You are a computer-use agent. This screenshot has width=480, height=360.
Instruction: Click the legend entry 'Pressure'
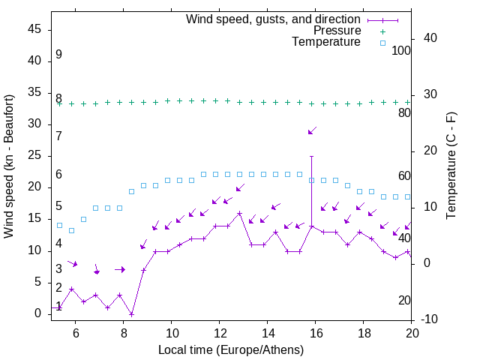pos(337,31)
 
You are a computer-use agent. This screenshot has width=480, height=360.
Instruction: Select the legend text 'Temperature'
pos(326,42)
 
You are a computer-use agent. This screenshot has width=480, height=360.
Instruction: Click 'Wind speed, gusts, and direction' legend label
pos(274,19)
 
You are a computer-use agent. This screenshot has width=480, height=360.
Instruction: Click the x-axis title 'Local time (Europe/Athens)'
pos(231,349)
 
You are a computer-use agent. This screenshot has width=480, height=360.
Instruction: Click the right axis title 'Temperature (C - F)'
pos(451,166)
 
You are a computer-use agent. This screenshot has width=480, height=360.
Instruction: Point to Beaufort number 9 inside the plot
pos(58,55)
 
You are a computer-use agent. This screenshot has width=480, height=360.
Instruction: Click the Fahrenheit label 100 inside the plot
pos(401,51)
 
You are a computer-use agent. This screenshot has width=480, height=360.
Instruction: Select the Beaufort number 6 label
pos(58,175)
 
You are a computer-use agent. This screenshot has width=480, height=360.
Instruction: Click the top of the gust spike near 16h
pos(312,156)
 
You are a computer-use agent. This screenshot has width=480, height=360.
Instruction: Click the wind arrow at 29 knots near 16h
pos(312,131)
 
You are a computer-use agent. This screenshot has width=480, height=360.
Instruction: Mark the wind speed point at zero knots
pos(132,314)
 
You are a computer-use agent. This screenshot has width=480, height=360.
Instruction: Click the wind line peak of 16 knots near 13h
pos(240,213)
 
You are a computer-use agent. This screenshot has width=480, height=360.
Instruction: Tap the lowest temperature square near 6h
pos(72,230)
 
